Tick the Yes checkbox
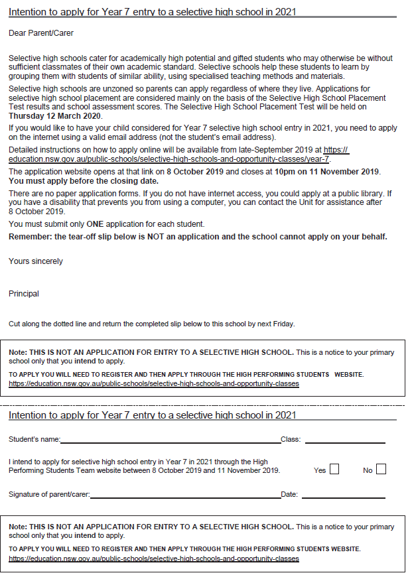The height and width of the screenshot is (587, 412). [x=334, y=470]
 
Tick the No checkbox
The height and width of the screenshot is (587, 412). [x=380, y=470]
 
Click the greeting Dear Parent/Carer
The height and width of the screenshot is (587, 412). [x=41, y=33]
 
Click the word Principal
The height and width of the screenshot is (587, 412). [x=24, y=293]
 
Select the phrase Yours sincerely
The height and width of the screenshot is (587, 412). [x=36, y=261]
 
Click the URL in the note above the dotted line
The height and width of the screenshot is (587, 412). [x=154, y=383]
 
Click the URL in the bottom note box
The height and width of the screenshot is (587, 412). [x=154, y=558]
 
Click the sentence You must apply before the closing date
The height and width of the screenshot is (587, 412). [x=84, y=180]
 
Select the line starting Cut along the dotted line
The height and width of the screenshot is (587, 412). [x=151, y=324]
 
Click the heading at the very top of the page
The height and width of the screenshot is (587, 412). [x=153, y=12]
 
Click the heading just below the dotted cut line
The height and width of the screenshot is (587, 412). [x=153, y=415]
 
